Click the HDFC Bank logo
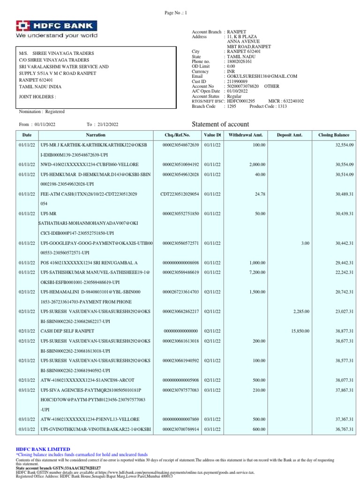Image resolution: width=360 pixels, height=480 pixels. [x=57, y=26]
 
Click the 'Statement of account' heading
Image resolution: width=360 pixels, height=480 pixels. [x=221, y=124]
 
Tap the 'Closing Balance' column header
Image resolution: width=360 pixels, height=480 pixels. [x=334, y=135]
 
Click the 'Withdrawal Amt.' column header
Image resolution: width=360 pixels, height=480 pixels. [x=246, y=135]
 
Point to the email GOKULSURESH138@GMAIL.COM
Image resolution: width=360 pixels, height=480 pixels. [x=262, y=76]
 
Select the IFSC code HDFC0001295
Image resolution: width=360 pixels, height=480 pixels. [x=240, y=101]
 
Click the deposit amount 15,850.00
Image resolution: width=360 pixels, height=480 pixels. [x=300, y=331]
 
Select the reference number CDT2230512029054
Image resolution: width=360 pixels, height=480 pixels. [x=180, y=194]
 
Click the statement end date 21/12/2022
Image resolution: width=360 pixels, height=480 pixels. [x=109, y=124]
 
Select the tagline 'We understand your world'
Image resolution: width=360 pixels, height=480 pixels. [x=57, y=36]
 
